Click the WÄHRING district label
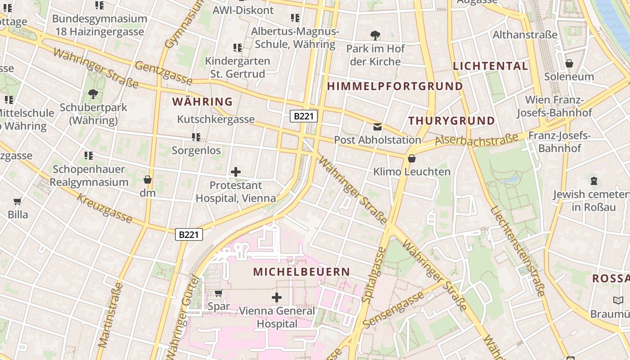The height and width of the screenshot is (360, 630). (x=202, y=102)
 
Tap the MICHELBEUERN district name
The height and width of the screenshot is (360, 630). (x=301, y=272)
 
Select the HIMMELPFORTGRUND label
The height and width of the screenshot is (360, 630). (x=395, y=86)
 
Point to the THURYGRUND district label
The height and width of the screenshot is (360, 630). (x=451, y=121)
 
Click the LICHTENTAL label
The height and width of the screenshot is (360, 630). (x=490, y=66)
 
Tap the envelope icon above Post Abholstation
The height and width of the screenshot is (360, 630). (x=378, y=127)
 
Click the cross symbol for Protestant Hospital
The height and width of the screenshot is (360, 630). (x=236, y=171)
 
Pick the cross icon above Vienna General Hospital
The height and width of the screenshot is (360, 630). (x=277, y=297)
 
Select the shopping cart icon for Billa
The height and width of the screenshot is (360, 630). (x=18, y=201)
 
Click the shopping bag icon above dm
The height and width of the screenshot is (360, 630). (x=147, y=180)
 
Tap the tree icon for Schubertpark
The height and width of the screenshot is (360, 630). (x=93, y=94)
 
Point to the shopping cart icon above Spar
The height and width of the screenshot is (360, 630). (x=219, y=293)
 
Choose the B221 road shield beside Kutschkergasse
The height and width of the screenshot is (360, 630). (x=303, y=116)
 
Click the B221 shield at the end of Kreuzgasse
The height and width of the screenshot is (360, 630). (x=189, y=234)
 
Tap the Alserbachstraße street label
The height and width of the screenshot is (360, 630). (x=477, y=140)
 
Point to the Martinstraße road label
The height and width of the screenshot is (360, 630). (x=110, y=315)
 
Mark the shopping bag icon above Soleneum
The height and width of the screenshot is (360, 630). (x=569, y=63)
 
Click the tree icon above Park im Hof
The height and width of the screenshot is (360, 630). (x=375, y=35)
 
